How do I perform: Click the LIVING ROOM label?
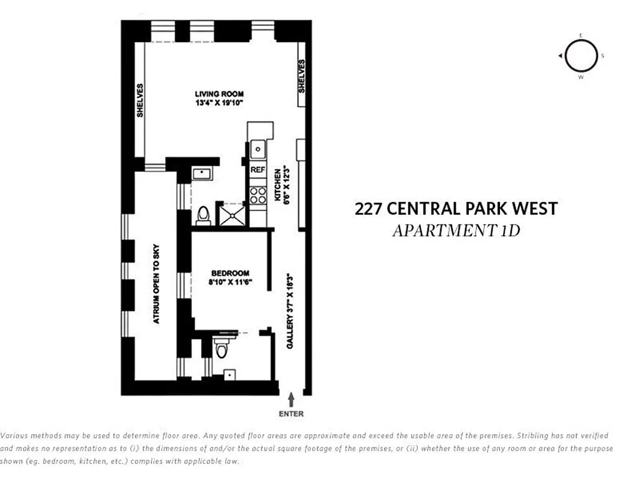click(219, 94)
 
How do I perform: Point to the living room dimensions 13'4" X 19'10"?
click(219, 102)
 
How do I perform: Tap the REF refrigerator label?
click(258, 170)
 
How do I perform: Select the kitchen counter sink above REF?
click(258, 147)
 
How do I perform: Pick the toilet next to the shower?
click(204, 216)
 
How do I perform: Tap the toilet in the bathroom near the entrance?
click(222, 348)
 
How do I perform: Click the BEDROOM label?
click(230, 273)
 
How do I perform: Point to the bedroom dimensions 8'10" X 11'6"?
click(230, 281)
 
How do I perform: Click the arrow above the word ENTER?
click(292, 399)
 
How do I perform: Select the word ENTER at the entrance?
click(292, 414)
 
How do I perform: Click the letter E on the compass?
click(580, 35)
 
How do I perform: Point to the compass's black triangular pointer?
click(560, 56)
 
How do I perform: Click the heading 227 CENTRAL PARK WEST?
click(456, 209)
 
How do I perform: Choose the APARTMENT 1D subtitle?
click(456, 231)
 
